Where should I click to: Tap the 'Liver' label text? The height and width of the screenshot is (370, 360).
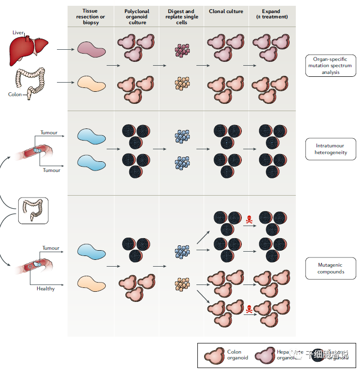click(x=18, y=32)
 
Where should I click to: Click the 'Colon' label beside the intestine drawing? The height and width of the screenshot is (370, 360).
click(x=15, y=95)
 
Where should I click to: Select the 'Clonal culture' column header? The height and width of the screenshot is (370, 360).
click(x=226, y=11)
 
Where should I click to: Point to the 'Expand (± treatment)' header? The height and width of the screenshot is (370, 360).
click(x=272, y=14)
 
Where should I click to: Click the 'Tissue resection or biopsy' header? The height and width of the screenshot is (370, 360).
click(x=90, y=16)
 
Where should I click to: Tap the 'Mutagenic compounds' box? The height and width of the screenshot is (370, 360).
click(x=331, y=268)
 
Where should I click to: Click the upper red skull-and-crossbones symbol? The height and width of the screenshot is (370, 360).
click(x=249, y=220)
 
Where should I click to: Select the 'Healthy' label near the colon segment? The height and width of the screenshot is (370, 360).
click(x=46, y=289)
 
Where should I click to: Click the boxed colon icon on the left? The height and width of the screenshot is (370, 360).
click(x=33, y=211)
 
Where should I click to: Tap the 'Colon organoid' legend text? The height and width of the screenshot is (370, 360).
click(x=237, y=355)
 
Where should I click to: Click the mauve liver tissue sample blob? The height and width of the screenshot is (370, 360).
click(x=92, y=48)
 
